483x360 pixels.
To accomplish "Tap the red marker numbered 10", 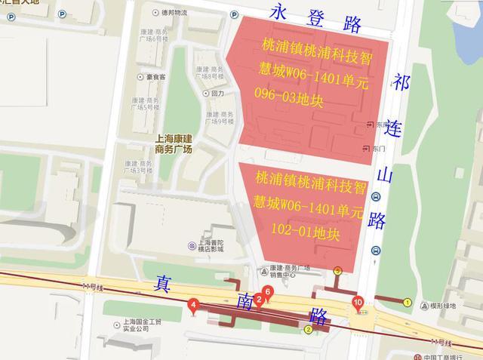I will click(358, 303).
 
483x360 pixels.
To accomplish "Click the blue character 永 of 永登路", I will click(284, 14).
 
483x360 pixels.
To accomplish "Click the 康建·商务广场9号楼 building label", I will click(220, 118).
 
